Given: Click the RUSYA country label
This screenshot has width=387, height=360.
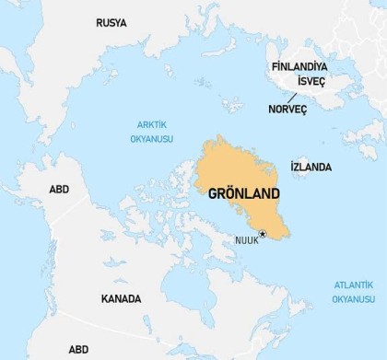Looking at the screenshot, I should click(111, 22).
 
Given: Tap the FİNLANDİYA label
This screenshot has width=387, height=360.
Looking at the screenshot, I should click(301, 67).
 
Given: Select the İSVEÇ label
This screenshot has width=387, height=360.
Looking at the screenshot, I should click(311, 81).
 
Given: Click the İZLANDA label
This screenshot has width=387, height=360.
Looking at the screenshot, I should click(311, 168).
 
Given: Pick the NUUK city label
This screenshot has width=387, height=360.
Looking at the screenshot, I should click(246, 240).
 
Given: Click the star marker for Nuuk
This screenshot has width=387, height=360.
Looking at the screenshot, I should click(263, 234).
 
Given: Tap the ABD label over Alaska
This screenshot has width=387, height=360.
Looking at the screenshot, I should click(59, 190).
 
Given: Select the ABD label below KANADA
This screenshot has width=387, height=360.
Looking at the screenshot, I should click(78, 350).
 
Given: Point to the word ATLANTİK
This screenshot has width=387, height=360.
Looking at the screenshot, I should click(354, 285).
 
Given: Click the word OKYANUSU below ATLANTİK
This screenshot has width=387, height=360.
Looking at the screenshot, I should click(354, 299).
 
